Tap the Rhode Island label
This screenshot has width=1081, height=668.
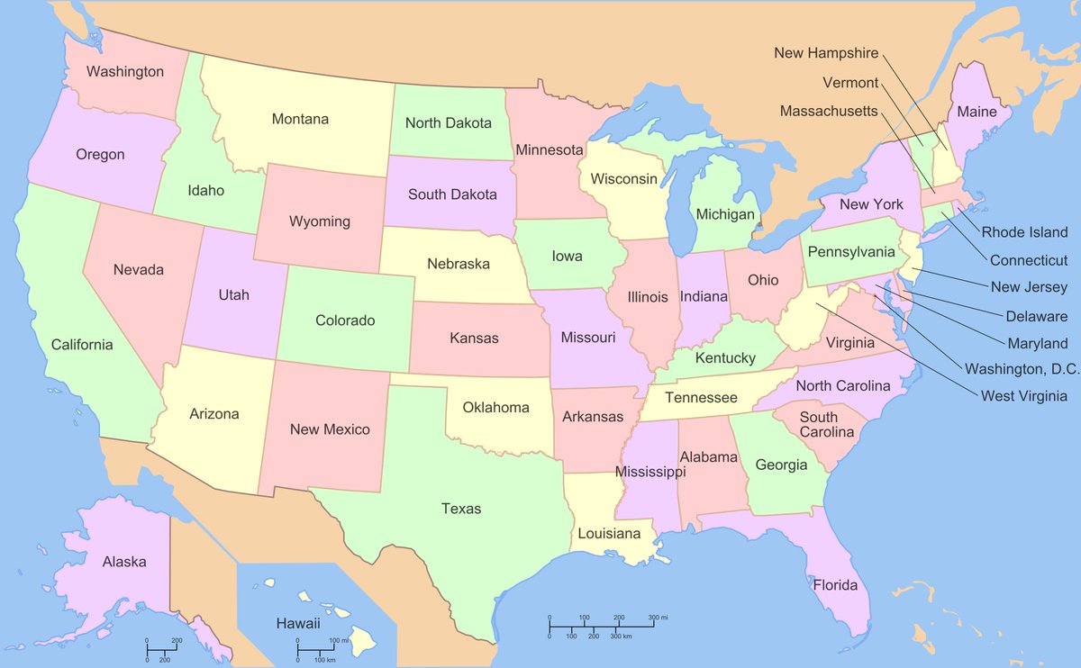[x=1024, y=232]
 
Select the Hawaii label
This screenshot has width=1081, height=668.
[x=299, y=623]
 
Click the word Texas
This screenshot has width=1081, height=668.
[x=460, y=509]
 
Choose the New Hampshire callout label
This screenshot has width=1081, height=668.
[x=826, y=54]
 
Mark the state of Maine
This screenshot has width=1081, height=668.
[x=977, y=113]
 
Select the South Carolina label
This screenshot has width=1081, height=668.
[x=818, y=424]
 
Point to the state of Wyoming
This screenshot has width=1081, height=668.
[x=319, y=221]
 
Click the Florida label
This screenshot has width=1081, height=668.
[x=835, y=585]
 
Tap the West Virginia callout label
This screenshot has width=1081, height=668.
[x=1024, y=396]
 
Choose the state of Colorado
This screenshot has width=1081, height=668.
[x=345, y=320]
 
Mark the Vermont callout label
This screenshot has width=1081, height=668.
[x=850, y=83]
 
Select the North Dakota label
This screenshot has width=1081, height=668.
[x=448, y=122]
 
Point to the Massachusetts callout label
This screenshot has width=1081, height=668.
[x=828, y=111]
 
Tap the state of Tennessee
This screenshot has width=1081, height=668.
[x=701, y=398]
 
